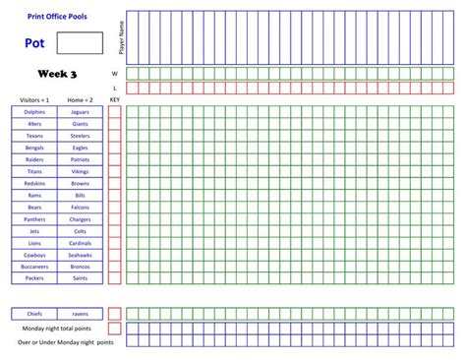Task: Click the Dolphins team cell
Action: [x=34, y=111]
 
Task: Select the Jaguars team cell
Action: [x=80, y=111]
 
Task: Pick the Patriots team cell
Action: [x=80, y=158]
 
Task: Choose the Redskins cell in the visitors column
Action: [x=34, y=183]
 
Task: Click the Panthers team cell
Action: [x=34, y=218]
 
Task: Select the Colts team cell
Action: [x=80, y=230]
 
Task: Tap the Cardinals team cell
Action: [x=80, y=243]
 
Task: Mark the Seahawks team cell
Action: [x=80, y=255]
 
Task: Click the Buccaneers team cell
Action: [x=34, y=267]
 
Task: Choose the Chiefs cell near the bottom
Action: [x=34, y=314]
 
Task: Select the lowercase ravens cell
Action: [x=80, y=314]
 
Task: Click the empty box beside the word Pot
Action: [x=80, y=42]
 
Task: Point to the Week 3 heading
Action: [x=57, y=74]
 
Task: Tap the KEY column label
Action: [x=114, y=99]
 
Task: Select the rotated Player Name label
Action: [x=120, y=37]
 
